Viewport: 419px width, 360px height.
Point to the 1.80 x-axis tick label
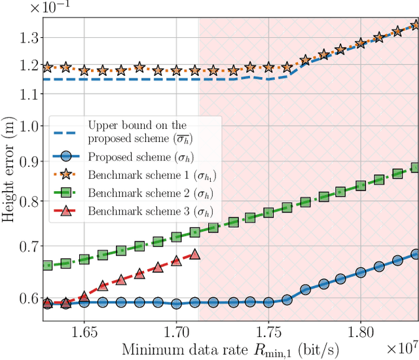click(360, 332)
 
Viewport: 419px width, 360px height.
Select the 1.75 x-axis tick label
click(268, 332)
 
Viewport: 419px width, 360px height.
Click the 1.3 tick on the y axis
click(28, 38)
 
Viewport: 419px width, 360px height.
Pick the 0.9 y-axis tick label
click(28, 160)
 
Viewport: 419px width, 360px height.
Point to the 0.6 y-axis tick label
click(28, 298)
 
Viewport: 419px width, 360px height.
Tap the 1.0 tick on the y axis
click(28, 125)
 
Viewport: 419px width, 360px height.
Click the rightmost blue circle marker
click(415, 254)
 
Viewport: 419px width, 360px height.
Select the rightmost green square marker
click(415, 168)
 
